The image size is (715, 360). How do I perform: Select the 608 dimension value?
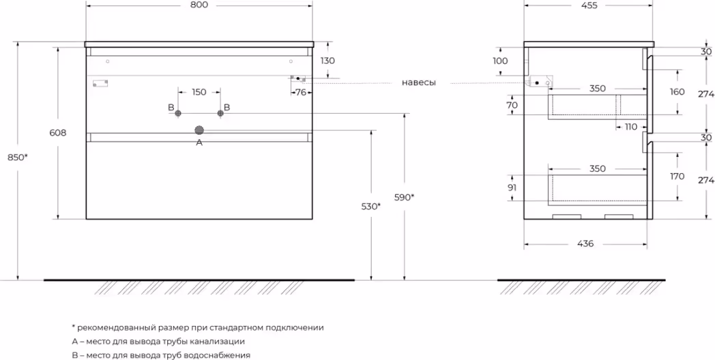click(59, 134)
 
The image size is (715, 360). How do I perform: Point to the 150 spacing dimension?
click(199, 92)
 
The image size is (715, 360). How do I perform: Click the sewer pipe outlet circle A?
click(199, 130)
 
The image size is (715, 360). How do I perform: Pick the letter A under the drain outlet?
click(199, 142)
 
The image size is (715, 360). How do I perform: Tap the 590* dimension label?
click(405, 197)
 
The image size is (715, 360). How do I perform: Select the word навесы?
click(418, 82)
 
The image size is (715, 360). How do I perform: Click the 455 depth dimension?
click(589, 5)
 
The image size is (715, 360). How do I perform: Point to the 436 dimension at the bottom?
click(585, 243)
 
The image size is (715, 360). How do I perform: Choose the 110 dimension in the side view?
click(630, 127)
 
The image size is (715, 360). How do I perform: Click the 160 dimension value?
click(677, 92)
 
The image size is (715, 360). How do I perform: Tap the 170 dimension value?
click(677, 176)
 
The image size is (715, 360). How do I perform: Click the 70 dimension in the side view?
click(511, 105)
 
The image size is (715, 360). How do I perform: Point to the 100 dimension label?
click(500, 61)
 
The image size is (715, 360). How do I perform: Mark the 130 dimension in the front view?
click(328, 61)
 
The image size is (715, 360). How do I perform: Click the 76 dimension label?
click(300, 93)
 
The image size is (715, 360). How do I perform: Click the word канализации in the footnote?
click(219, 341)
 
